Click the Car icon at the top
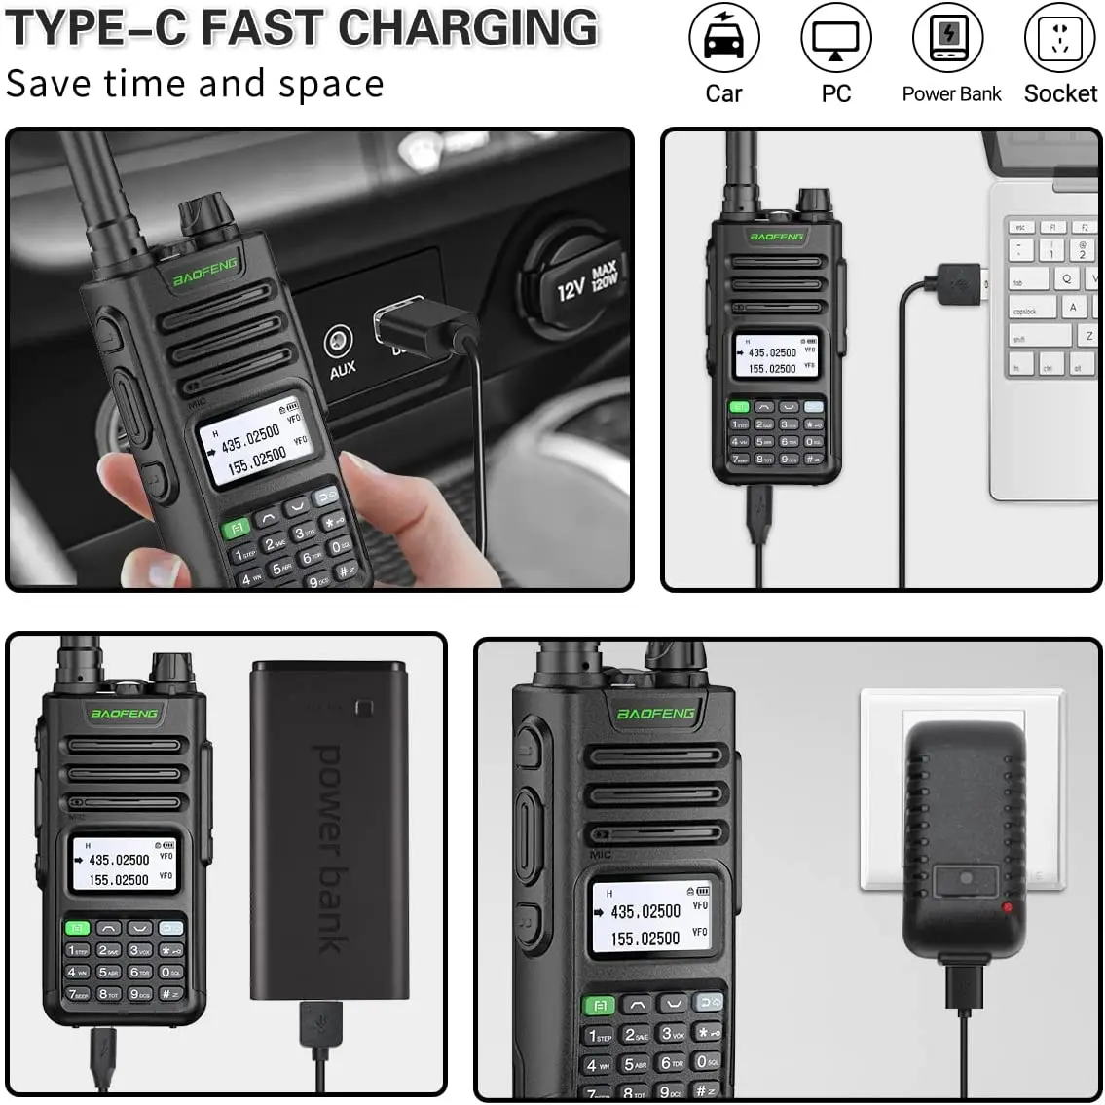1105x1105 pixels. [x=723, y=39]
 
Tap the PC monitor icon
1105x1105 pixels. [x=835, y=39]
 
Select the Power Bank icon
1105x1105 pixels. [x=948, y=39]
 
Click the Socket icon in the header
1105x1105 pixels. [x=1060, y=39]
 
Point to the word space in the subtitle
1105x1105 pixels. [x=330, y=85]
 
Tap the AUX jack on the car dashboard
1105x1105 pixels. [x=339, y=343]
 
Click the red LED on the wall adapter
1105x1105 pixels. [x=1007, y=907]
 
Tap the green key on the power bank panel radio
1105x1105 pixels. [x=78, y=928]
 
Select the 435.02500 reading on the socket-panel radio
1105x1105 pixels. [x=645, y=912]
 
